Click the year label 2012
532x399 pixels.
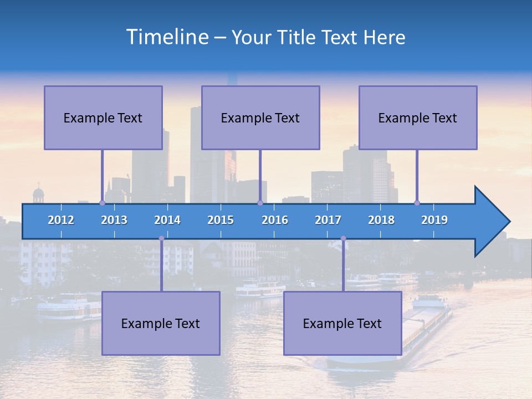61,220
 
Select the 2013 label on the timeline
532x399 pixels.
114,220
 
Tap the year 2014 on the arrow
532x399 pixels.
167,220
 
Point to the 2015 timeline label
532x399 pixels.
221,220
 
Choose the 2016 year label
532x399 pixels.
275,220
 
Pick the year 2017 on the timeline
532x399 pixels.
328,220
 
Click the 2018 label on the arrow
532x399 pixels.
381,220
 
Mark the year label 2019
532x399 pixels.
434,220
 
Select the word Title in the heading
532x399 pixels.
298,37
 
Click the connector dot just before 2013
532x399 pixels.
102,203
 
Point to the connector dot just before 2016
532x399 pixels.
260,203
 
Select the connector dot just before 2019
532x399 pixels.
417,203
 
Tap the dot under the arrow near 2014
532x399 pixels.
161,238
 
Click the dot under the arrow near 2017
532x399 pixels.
343,238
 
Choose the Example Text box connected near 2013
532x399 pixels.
103,117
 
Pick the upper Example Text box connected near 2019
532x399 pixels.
418,117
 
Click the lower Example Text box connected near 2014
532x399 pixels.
161,323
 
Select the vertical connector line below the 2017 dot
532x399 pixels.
343,266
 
